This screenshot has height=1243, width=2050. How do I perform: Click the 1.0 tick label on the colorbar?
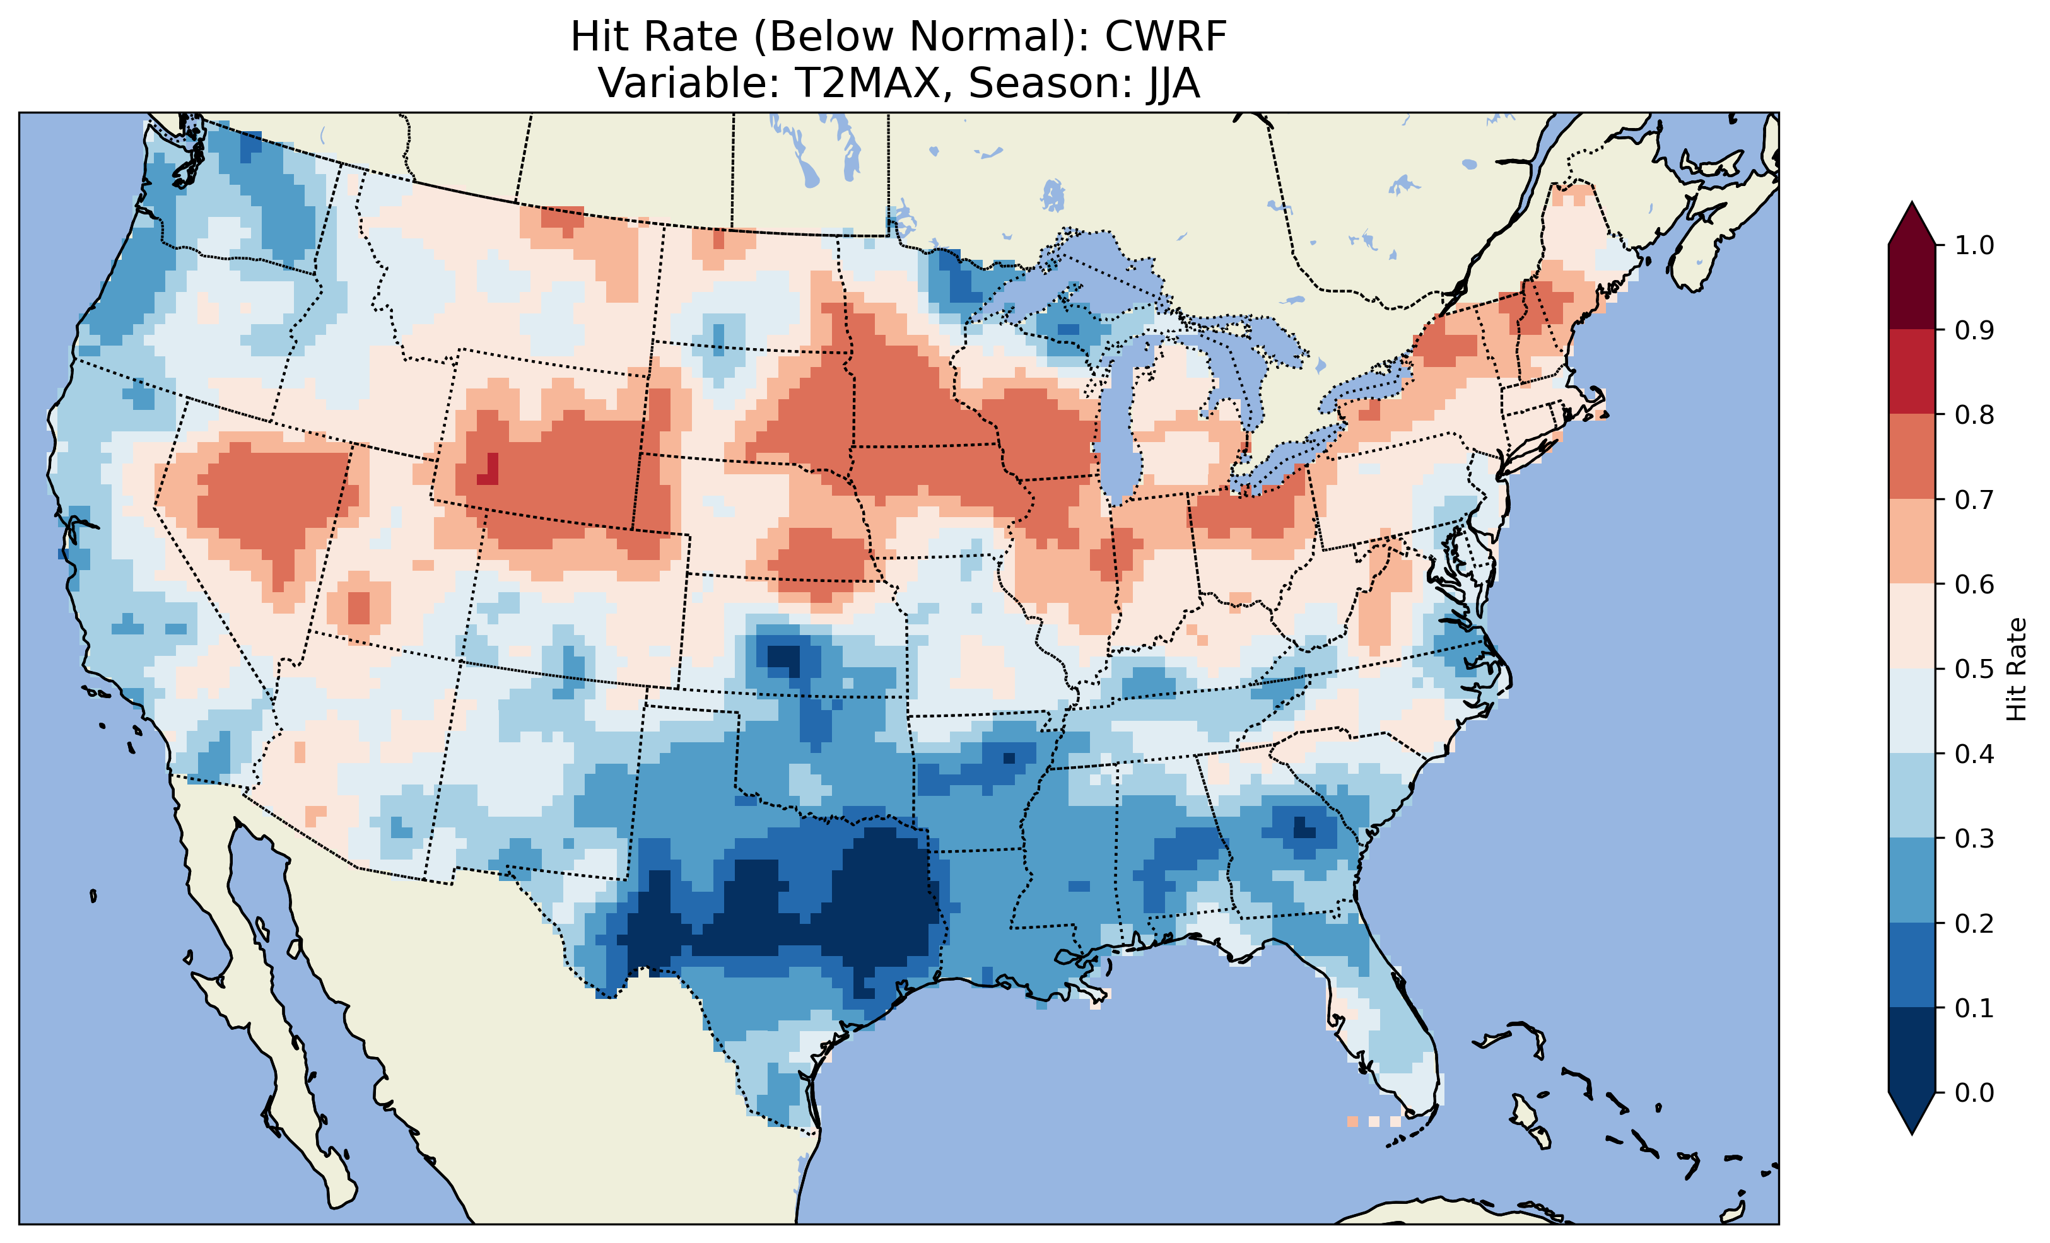point(1974,245)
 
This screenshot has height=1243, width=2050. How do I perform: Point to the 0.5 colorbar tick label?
point(1974,669)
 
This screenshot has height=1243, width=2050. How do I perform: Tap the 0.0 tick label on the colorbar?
point(1974,1092)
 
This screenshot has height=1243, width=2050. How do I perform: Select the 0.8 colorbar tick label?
point(1974,414)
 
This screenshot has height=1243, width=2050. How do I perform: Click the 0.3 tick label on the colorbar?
point(1974,839)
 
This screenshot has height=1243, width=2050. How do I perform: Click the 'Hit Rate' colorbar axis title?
point(2016,669)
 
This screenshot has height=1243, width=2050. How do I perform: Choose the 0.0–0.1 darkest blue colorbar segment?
point(1912,1050)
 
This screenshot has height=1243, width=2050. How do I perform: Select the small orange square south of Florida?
point(1352,1121)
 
